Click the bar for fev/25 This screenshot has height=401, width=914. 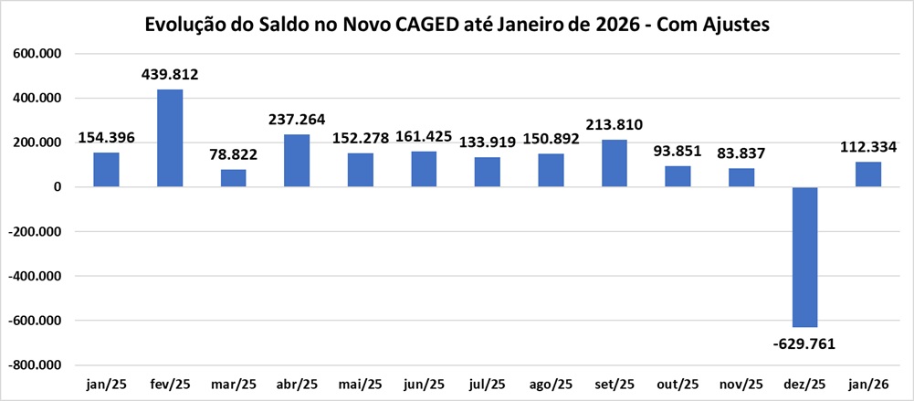click(x=170, y=138)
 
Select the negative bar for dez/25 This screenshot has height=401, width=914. click(x=804, y=257)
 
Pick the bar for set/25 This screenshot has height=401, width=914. click(x=614, y=164)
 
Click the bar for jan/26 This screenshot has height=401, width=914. click(x=868, y=174)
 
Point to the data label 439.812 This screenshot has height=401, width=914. click(x=170, y=75)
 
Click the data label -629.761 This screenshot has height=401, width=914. click(x=804, y=343)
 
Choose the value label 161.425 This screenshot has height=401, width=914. click(x=424, y=137)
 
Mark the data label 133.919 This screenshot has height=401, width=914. click(x=488, y=142)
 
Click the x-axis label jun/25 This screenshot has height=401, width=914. click(x=424, y=385)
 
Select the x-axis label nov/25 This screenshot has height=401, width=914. click(x=741, y=385)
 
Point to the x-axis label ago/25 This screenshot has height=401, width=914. click(x=551, y=385)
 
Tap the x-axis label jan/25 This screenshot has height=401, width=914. click(x=106, y=385)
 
